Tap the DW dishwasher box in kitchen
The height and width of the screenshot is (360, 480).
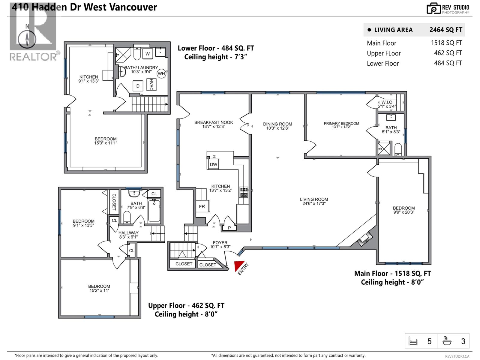[x=213, y=164]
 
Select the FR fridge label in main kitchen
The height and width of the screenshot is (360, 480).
[x=202, y=206]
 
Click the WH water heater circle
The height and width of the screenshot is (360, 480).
[x=161, y=73]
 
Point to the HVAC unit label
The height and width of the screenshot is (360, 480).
[x=151, y=85]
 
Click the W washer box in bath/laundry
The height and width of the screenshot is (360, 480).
[x=148, y=54]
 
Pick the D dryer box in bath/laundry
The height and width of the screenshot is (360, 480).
[x=138, y=86]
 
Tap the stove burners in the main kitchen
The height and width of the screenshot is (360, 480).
[x=244, y=192]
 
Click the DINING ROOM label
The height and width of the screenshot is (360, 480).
[x=277, y=124]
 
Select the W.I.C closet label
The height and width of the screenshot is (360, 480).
[x=387, y=102]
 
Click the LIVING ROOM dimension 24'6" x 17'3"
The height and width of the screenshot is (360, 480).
[x=314, y=203]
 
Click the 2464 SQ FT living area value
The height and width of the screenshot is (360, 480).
[x=446, y=30]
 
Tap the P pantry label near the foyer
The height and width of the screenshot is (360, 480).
[x=229, y=228]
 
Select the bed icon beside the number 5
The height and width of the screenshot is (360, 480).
[x=413, y=341]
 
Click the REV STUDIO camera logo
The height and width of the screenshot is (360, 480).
[x=433, y=8]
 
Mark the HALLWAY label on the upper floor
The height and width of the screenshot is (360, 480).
[x=128, y=233]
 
